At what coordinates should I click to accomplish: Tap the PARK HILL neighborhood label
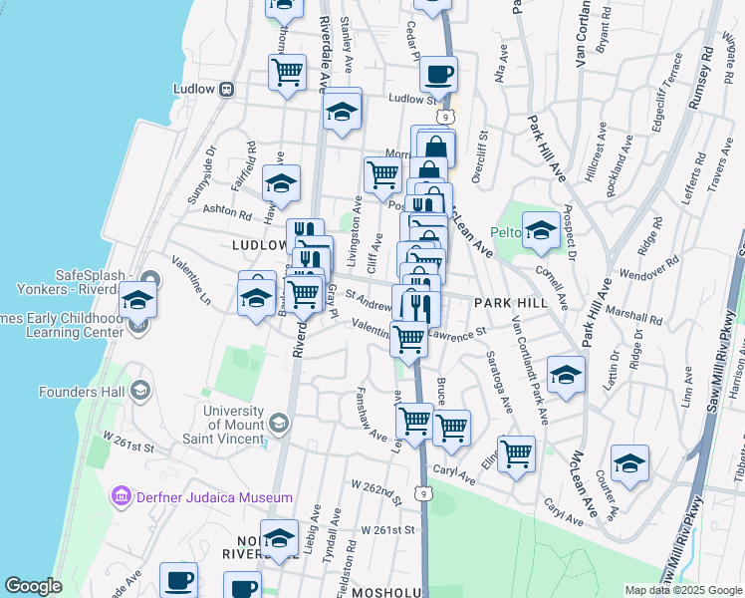(511, 302)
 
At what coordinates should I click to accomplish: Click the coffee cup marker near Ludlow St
(437, 73)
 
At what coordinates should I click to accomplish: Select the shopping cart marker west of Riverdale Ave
(287, 72)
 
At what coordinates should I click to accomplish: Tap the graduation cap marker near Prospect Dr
(541, 229)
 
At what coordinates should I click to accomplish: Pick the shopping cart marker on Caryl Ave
(516, 453)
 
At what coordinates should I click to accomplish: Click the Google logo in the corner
(33, 586)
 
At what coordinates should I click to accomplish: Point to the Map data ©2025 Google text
(682, 590)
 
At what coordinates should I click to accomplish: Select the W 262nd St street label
(381, 490)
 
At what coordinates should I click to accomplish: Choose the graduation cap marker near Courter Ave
(629, 462)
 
